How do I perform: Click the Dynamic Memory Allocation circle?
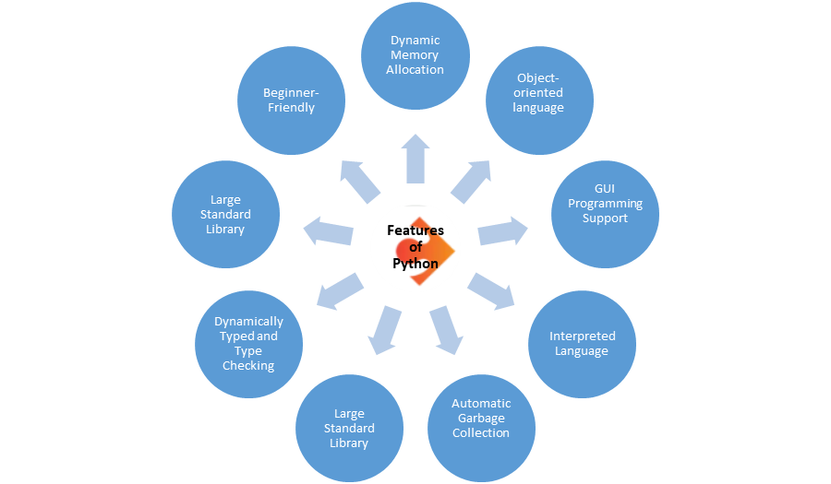coord(415,55)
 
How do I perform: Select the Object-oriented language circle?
coord(540,93)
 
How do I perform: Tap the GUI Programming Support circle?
coord(605,204)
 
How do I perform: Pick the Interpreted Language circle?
coord(582,344)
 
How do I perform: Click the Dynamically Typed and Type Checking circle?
coord(248,344)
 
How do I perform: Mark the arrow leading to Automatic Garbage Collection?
coord(445,329)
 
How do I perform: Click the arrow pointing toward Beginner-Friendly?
coord(360,181)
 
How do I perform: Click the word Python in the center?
coord(415,264)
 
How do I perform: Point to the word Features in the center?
coord(415,230)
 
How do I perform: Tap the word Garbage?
coord(481,418)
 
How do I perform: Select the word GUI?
coord(605,189)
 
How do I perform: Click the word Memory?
coord(415,55)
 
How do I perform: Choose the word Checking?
coord(248,365)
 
